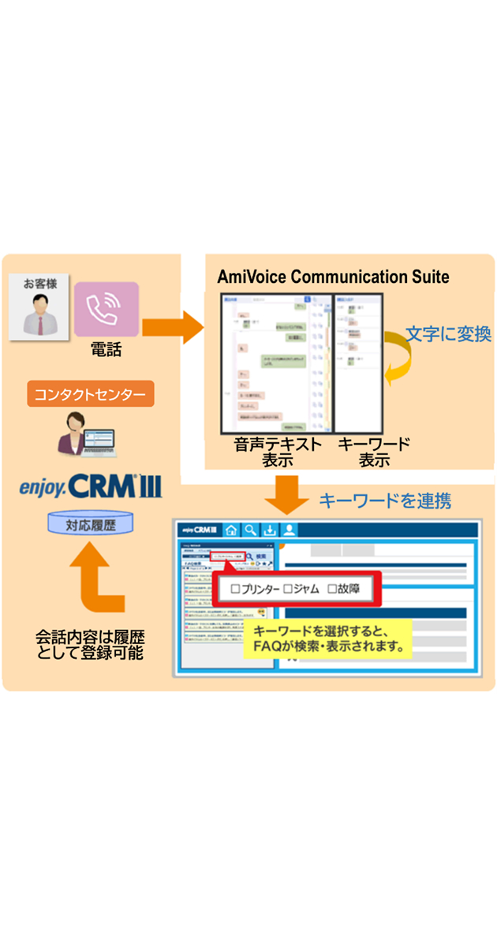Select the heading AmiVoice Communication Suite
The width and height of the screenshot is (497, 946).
click(333, 277)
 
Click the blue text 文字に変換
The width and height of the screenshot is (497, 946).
click(448, 334)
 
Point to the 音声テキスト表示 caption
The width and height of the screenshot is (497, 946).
click(278, 452)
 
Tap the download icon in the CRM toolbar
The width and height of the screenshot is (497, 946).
click(270, 531)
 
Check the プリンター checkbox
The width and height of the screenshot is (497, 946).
click(234, 588)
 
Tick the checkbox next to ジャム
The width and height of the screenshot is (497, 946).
click(288, 588)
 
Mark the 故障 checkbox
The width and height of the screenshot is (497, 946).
click(332, 588)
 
